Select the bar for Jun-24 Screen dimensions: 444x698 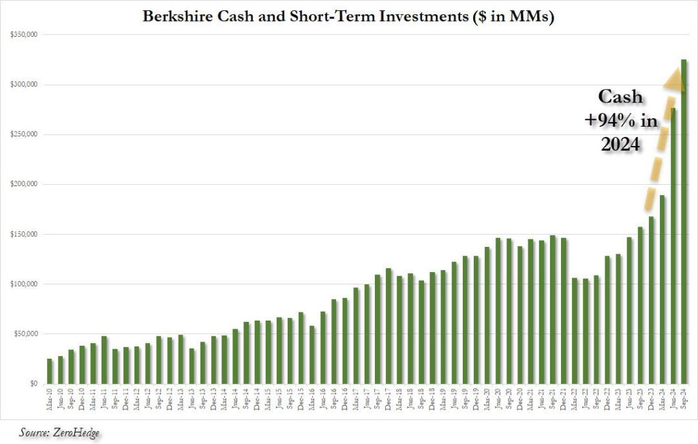click(x=673, y=246)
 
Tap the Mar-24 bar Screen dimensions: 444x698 click(x=662, y=290)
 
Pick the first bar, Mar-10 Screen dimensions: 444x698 click(x=50, y=371)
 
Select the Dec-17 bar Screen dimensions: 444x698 click(x=389, y=326)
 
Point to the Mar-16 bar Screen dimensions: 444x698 click(x=312, y=355)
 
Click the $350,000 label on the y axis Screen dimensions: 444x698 click(x=25, y=34)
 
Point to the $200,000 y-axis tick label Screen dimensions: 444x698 click(x=25, y=184)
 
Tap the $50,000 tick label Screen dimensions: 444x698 click(x=27, y=334)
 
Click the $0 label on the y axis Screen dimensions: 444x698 click(x=31, y=384)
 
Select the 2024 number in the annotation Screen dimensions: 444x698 click(x=620, y=145)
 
